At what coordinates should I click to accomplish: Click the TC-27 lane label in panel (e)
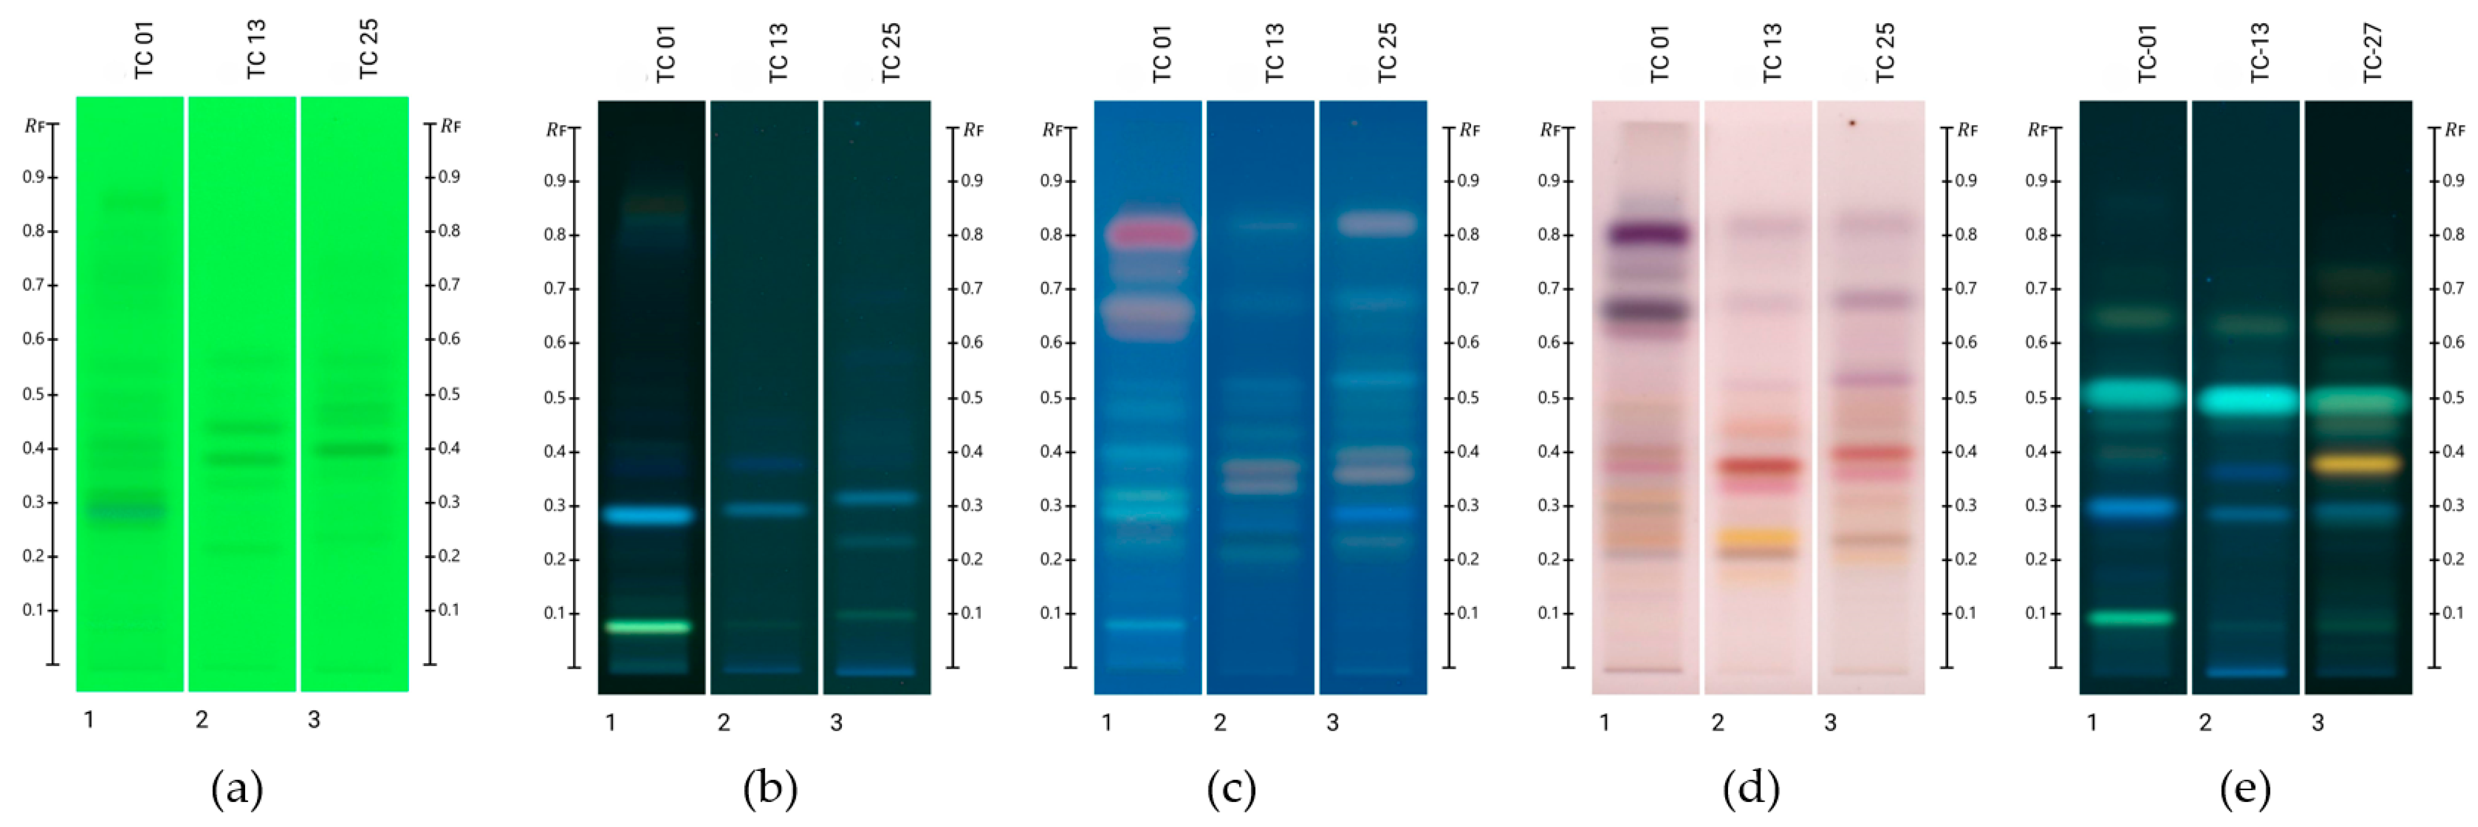click(x=2372, y=53)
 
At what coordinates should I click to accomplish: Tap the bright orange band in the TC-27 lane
click(x=2357, y=465)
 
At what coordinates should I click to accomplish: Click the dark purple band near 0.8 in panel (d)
click(x=1648, y=234)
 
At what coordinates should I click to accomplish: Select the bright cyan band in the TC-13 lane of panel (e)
click(x=2245, y=399)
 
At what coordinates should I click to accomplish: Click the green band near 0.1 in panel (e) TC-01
click(x=2132, y=617)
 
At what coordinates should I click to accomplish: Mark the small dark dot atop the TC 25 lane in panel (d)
click(x=1852, y=123)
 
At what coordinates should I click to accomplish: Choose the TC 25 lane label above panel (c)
click(x=1386, y=53)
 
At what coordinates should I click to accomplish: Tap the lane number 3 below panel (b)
click(x=836, y=722)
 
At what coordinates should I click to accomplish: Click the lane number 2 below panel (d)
click(x=1717, y=722)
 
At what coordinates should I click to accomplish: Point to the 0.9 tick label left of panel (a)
click(x=33, y=177)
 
